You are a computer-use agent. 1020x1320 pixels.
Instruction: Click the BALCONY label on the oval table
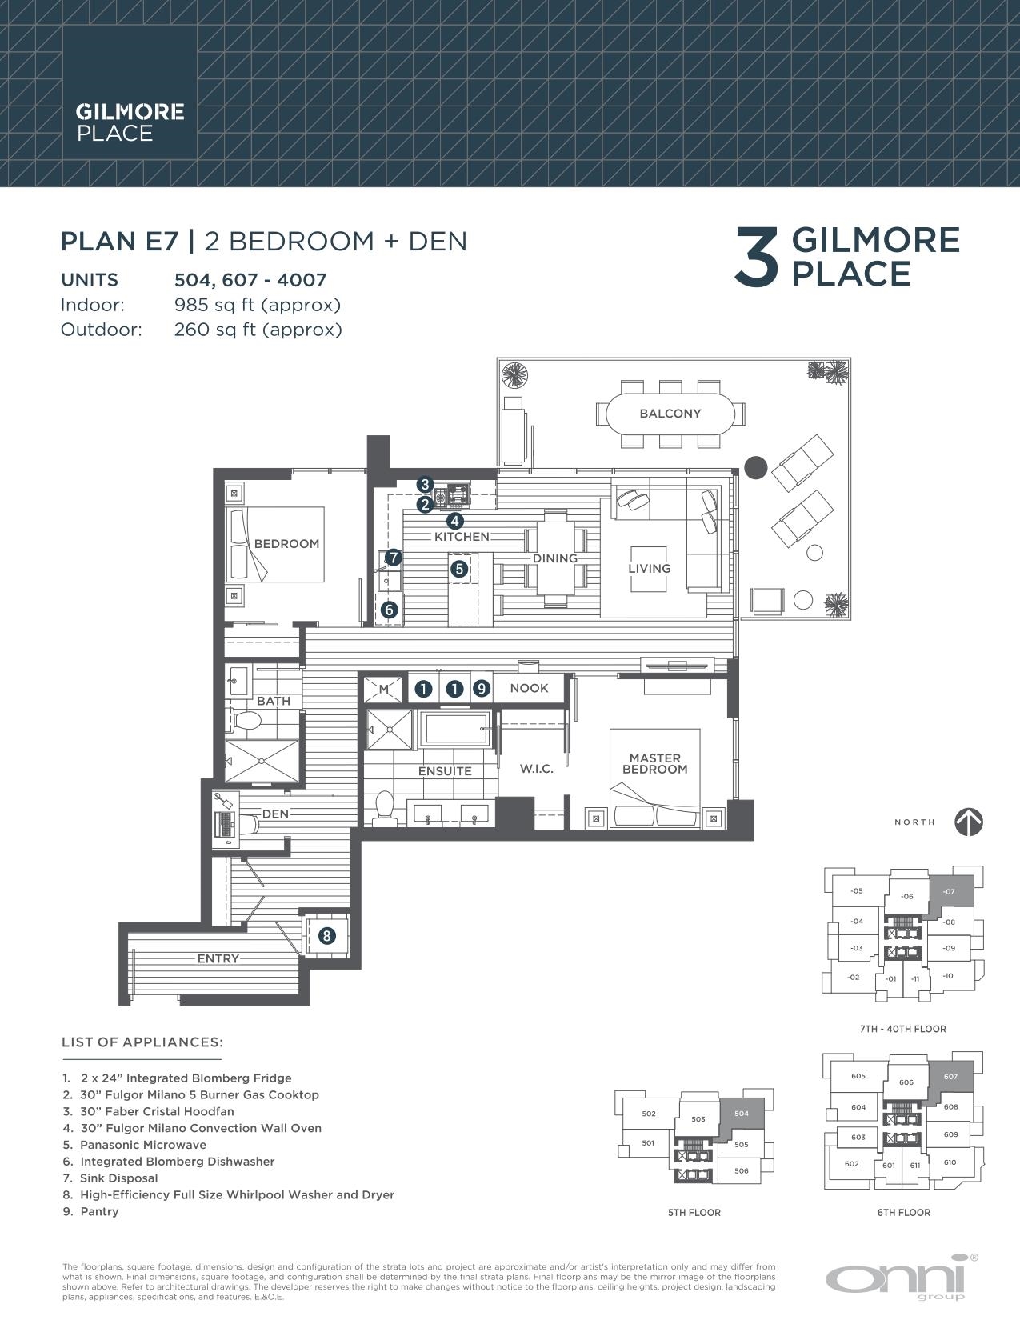pyautogui.click(x=670, y=414)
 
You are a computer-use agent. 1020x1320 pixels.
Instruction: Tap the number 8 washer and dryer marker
pyautogui.click(x=327, y=935)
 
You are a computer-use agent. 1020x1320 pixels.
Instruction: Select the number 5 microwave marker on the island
pyautogui.click(x=459, y=569)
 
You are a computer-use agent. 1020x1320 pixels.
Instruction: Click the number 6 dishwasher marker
pyautogui.click(x=390, y=610)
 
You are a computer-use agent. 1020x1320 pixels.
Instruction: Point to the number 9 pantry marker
pyautogui.click(x=482, y=688)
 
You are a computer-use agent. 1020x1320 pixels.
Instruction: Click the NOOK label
pyautogui.click(x=529, y=688)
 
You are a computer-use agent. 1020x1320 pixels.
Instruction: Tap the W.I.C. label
pyautogui.click(x=537, y=769)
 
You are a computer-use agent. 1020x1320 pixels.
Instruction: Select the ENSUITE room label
pyautogui.click(x=445, y=771)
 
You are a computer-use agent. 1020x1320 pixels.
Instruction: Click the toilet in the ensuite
pyautogui.click(x=385, y=808)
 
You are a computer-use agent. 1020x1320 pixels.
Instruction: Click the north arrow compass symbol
pyautogui.click(x=968, y=822)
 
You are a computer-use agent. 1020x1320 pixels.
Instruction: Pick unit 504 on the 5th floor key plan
pyautogui.click(x=741, y=1114)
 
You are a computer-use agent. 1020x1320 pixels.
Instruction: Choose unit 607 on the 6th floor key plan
pyautogui.click(x=950, y=1077)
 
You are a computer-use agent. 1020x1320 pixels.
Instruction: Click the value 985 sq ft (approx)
pyautogui.click(x=258, y=305)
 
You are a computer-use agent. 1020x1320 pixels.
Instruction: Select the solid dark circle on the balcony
pyautogui.click(x=756, y=468)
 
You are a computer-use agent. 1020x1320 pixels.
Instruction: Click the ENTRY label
pyautogui.click(x=218, y=958)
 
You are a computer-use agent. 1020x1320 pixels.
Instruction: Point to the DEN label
pyautogui.click(x=275, y=814)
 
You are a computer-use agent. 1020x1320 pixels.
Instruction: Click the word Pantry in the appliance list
pyautogui.click(x=100, y=1212)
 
